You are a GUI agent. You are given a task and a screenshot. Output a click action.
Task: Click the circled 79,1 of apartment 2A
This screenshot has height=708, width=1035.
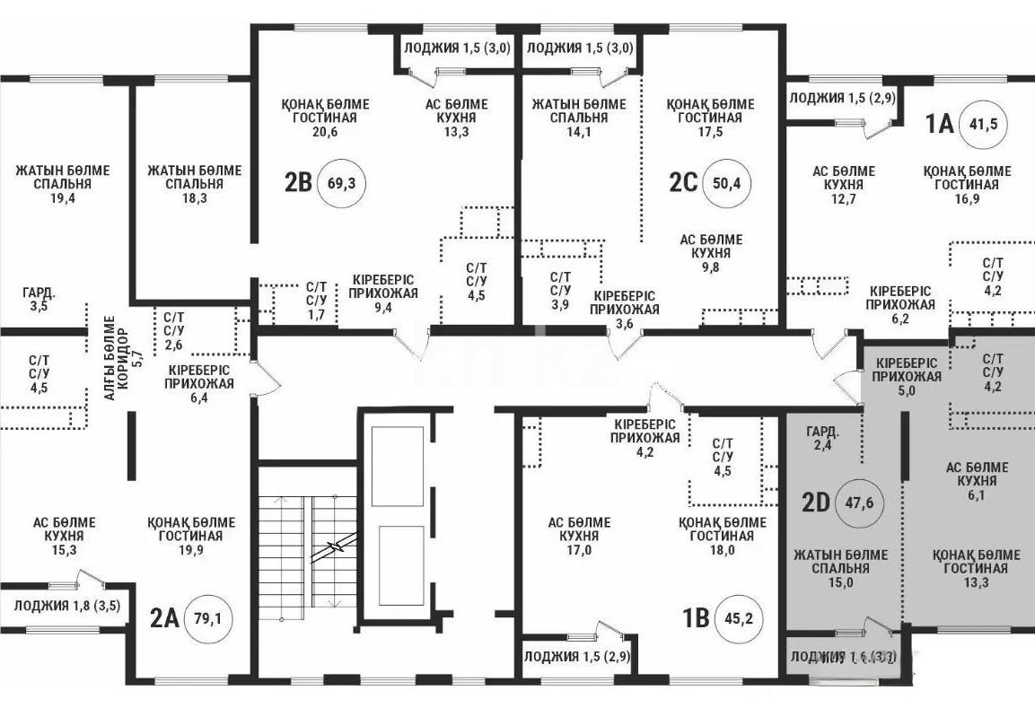click(207, 617)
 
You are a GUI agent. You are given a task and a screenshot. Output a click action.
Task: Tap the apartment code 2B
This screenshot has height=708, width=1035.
click(298, 182)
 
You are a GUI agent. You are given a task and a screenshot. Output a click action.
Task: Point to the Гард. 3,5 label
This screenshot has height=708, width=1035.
click(39, 299)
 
